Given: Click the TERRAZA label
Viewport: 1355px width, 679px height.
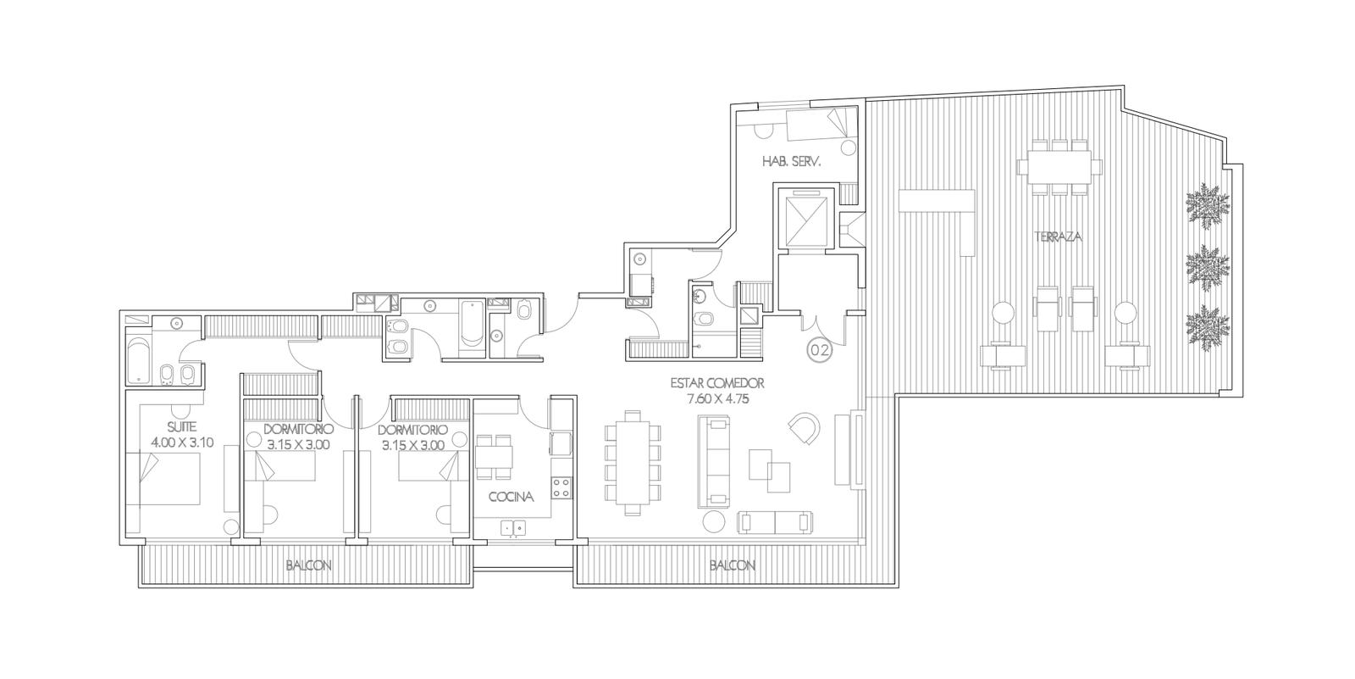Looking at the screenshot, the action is [1058, 237].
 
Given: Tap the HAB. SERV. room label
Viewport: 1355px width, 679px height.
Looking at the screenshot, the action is [791, 162].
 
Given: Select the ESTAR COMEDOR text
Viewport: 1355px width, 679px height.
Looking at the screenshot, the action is [717, 383].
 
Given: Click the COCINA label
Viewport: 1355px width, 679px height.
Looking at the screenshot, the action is [512, 497].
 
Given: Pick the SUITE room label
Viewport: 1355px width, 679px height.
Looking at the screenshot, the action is [181, 427].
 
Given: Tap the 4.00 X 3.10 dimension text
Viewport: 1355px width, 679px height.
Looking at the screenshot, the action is [182, 442].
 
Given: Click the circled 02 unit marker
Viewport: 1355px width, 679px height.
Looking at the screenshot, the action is [819, 349].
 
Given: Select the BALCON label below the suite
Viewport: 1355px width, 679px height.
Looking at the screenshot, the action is [308, 565].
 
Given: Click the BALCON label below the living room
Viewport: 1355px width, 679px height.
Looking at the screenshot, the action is [733, 565].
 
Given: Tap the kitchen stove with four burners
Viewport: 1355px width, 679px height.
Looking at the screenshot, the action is [561, 488].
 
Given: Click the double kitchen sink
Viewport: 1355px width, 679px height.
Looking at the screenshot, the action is [513, 528].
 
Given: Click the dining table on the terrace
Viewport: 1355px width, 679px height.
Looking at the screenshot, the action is [1058, 164].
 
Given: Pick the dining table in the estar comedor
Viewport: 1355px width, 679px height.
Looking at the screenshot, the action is [632, 463].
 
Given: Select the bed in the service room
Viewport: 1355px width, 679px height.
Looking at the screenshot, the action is [821, 124].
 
